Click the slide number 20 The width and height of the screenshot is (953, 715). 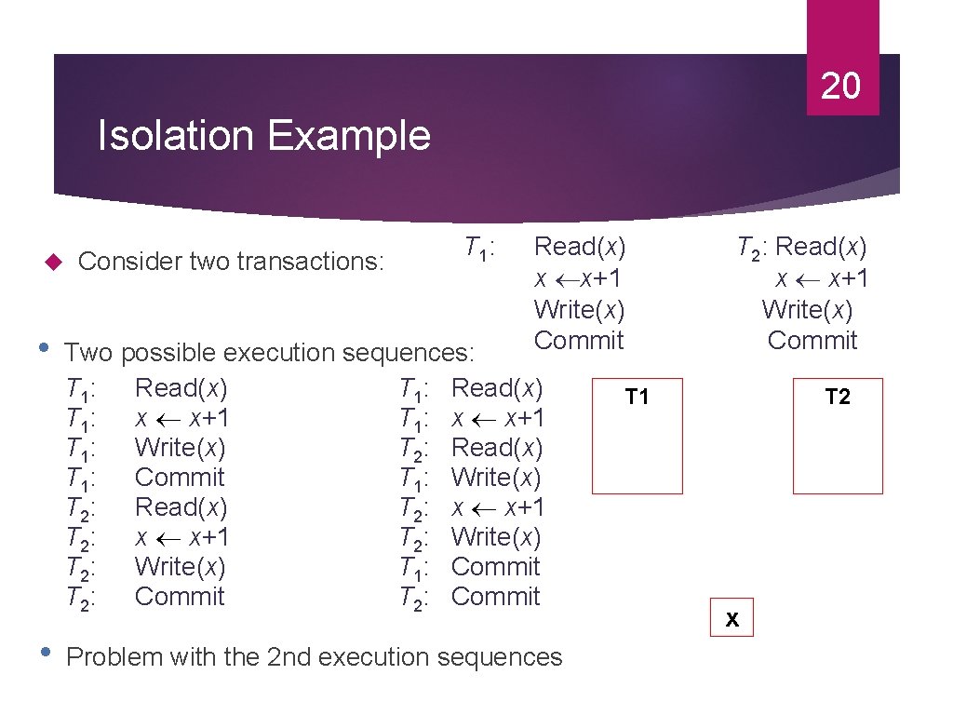point(841,87)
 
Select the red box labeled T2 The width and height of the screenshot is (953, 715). point(838,435)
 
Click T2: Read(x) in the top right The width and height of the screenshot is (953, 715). point(801,248)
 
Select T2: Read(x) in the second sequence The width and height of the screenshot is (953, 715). point(470,448)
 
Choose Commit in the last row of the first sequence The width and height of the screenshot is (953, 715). point(180,597)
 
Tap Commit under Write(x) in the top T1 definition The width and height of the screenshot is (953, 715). point(579,341)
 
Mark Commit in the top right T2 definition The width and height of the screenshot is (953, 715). point(812,341)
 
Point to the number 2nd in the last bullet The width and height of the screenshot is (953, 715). point(289,657)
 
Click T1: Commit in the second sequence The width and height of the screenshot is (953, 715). point(470,567)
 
